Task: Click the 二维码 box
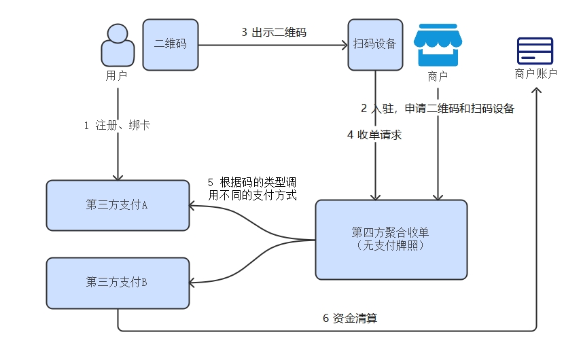[x=171, y=44]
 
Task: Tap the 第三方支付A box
[x=118, y=205]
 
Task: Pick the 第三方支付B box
[x=118, y=283]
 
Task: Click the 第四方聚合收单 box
[x=391, y=239]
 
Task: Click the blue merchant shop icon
[x=437, y=46]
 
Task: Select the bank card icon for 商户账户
[x=535, y=51]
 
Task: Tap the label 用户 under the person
[x=116, y=75]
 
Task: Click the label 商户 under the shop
[x=438, y=76]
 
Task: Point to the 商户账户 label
[x=536, y=73]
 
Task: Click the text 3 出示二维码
[x=273, y=32]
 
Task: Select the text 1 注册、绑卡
[x=117, y=126]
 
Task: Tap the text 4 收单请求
[x=374, y=134]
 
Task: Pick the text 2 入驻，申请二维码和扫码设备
[x=438, y=108]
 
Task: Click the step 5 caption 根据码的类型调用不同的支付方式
[x=252, y=189]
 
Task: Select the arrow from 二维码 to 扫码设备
[x=272, y=46]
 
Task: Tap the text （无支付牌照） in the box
[x=391, y=246]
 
